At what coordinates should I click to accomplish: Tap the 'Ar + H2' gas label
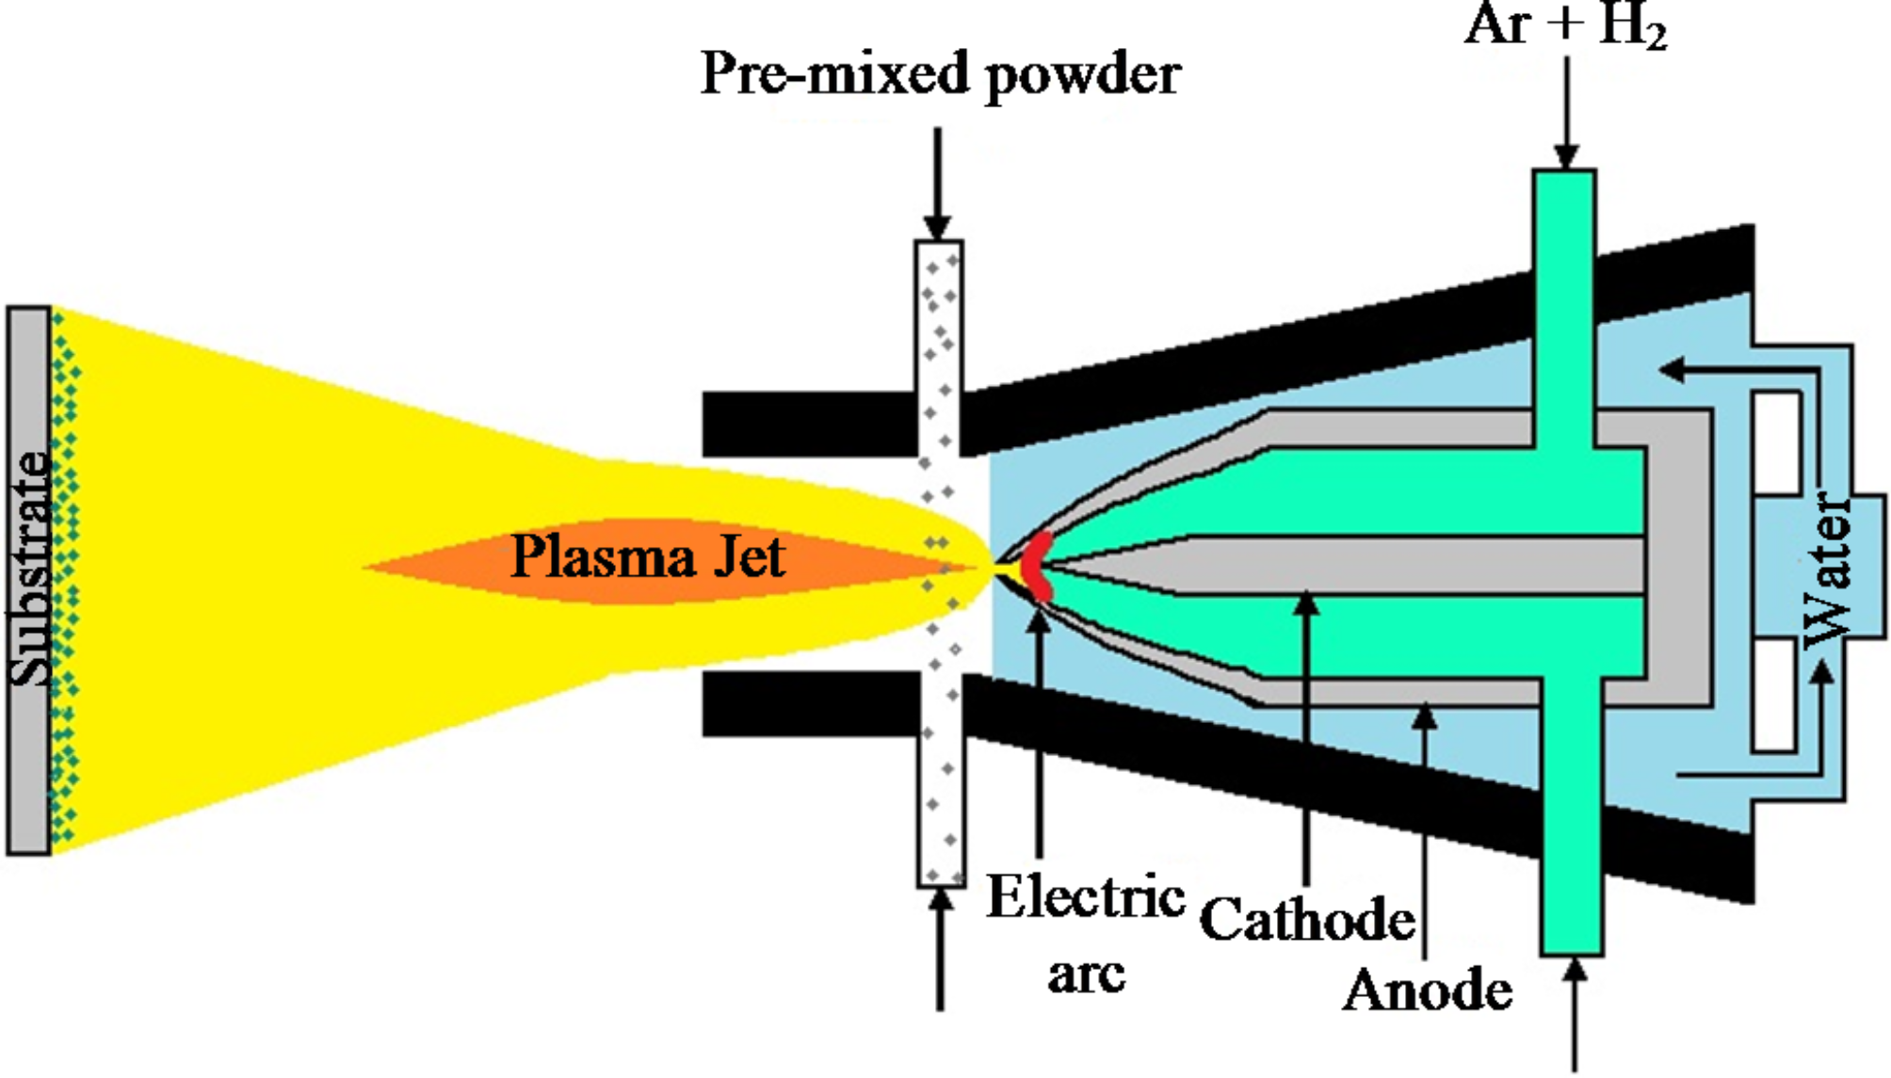[x=1565, y=24]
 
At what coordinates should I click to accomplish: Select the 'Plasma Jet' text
[x=648, y=557]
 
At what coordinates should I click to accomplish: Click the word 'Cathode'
[x=1307, y=919]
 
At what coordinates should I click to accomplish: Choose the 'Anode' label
[x=1428, y=990]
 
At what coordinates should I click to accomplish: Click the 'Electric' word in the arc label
[x=1085, y=896]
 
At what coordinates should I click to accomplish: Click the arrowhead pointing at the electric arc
[x=1039, y=621]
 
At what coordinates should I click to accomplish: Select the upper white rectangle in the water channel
[x=1776, y=442]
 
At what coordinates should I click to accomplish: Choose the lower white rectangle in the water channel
[x=1774, y=695]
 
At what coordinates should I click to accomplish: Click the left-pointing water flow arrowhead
[x=1673, y=369]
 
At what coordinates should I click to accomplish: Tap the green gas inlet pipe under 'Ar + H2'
[x=1564, y=282]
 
